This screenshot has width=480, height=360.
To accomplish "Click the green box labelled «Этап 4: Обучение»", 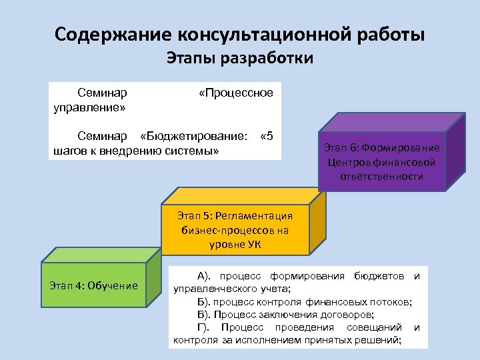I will pos(93,286).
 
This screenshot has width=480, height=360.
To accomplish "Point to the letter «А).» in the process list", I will pos(205,276).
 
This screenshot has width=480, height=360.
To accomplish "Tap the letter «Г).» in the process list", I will pos(204,327).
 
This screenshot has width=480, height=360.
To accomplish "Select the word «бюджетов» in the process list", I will pos(379,276).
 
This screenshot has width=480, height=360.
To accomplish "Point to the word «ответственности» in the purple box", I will pos(381,176).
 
